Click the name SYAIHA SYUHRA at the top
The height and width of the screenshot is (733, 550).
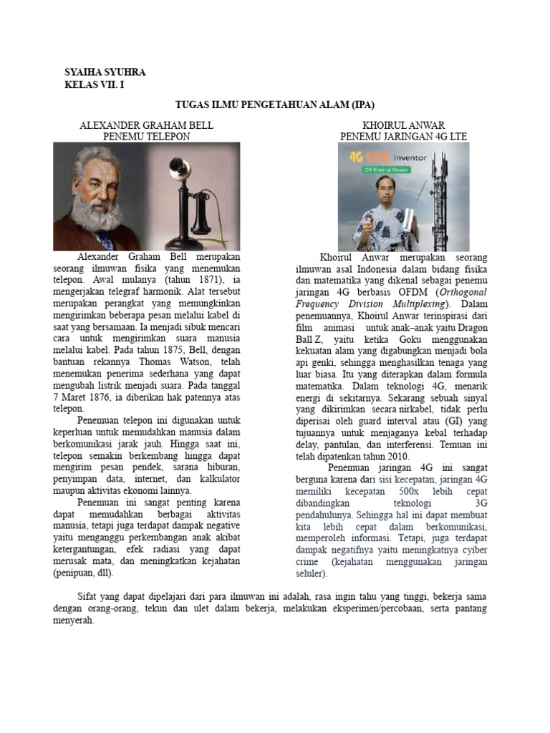click(105, 73)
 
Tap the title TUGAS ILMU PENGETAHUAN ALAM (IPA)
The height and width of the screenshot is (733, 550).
click(275, 105)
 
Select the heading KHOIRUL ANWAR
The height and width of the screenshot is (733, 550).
click(405, 125)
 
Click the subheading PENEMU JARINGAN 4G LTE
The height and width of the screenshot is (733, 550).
click(404, 135)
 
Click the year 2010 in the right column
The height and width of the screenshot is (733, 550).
click(392, 457)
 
